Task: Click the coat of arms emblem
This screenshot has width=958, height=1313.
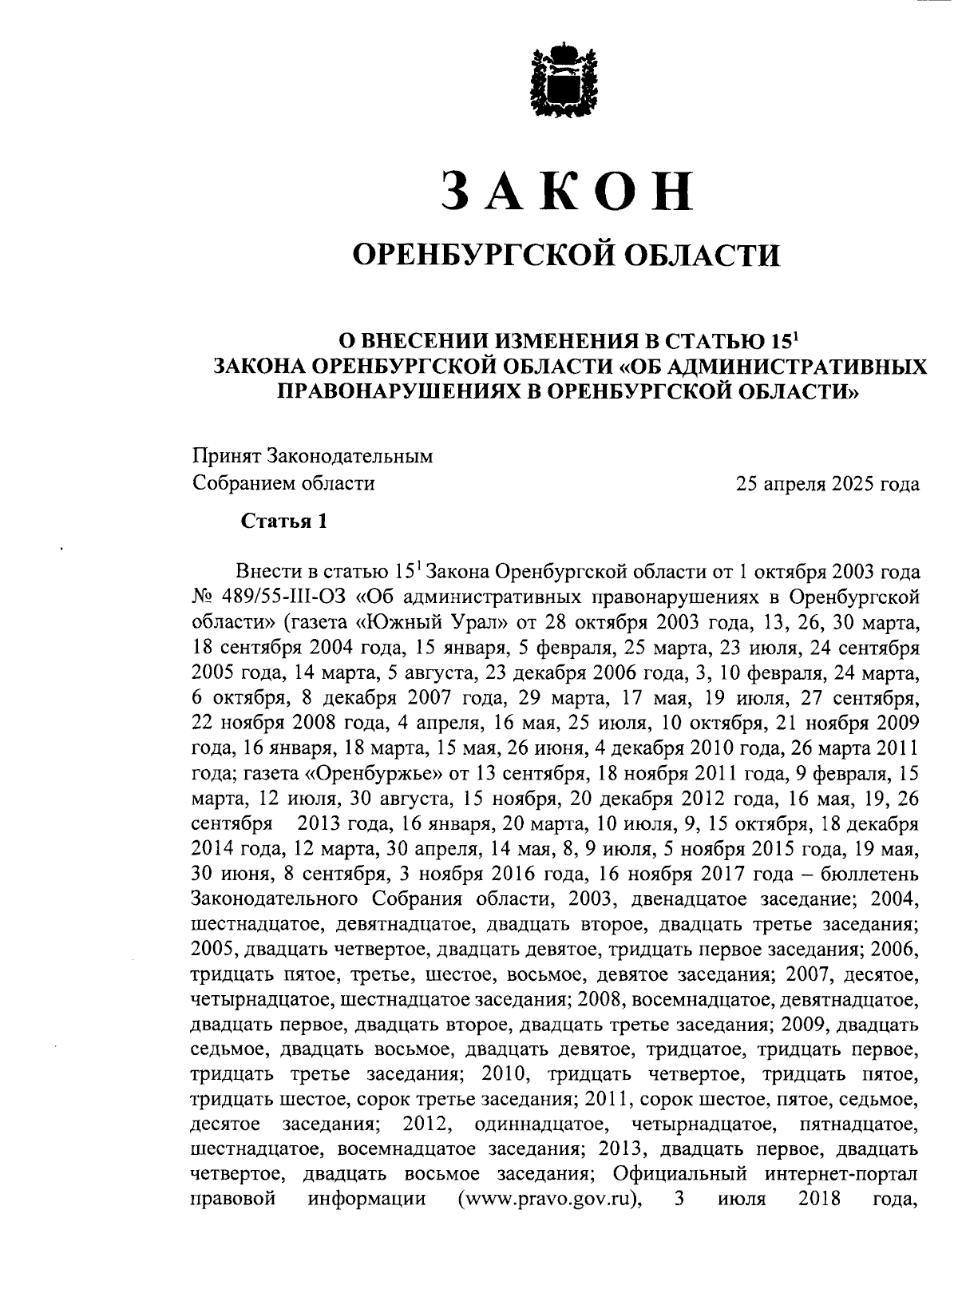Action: pos(565,80)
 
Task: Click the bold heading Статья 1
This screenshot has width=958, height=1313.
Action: pos(284,522)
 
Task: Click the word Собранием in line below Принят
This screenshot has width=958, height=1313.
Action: pos(236,483)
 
